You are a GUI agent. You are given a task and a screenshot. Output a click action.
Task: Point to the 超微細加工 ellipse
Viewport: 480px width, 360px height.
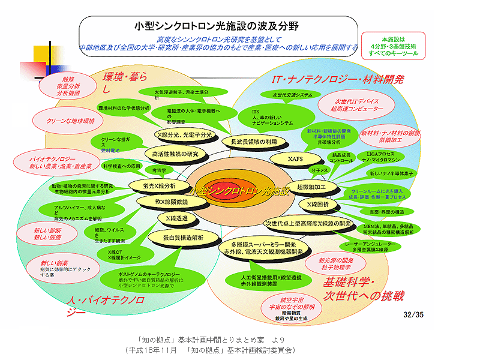pos(311,187)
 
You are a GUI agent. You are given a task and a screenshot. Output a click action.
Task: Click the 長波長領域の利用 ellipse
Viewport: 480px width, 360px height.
pos(250,142)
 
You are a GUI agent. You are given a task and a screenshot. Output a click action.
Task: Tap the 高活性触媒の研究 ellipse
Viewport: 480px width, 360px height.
pos(175,154)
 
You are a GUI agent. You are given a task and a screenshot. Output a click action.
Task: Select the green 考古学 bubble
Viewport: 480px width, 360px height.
pos(158,170)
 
